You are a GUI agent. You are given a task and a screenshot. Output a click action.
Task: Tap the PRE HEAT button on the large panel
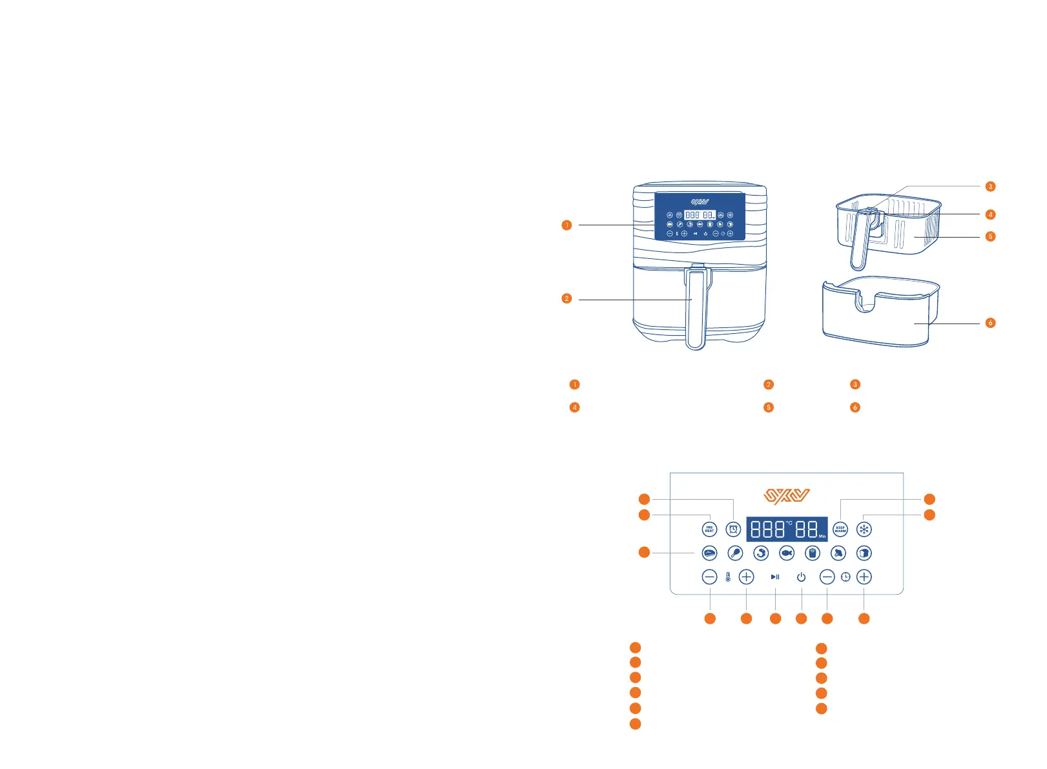click(x=709, y=529)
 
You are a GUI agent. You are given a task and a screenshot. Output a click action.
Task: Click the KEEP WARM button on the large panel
click(x=840, y=529)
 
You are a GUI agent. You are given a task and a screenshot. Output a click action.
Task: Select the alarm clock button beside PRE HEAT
click(x=733, y=529)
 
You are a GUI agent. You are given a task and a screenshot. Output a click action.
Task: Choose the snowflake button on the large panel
click(x=864, y=529)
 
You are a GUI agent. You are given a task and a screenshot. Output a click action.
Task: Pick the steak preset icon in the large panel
click(x=709, y=553)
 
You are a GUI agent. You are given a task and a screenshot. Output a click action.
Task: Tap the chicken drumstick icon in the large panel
click(x=735, y=553)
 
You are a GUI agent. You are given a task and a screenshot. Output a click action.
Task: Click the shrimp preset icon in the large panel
click(x=761, y=553)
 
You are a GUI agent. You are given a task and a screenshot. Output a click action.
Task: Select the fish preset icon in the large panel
click(x=787, y=553)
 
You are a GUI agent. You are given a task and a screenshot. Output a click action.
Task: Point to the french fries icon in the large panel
click(x=813, y=553)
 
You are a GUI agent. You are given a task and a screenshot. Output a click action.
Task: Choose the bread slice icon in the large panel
click(x=864, y=553)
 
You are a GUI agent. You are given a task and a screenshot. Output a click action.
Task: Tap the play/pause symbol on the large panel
click(x=775, y=577)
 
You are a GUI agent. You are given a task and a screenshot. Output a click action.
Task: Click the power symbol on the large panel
click(x=802, y=577)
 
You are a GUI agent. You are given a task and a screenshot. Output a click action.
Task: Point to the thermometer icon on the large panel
click(x=728, y=577)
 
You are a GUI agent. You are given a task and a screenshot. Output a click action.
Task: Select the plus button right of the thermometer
click(x=746, y=577)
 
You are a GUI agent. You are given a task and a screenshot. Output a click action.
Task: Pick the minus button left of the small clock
click(x=827, y=577)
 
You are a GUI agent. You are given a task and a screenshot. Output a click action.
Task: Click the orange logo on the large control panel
click(x=787, y=497)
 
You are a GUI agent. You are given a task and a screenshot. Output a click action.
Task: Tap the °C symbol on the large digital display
click(x=789, y=522)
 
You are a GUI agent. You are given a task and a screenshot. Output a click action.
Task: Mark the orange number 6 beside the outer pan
click(x=990, y=323)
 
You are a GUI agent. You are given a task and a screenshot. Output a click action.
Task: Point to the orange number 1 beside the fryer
click(x=566, y=225)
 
